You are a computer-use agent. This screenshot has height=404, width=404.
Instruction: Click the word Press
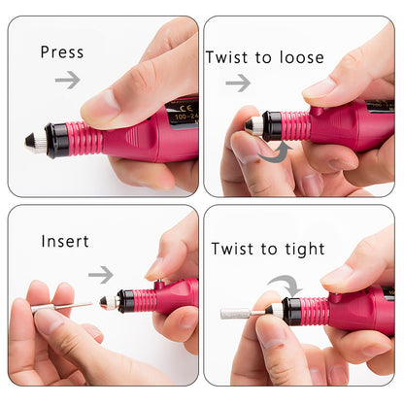pyautogui.click(x=62, y=51)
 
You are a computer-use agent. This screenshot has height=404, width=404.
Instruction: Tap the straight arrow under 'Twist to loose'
pyautogui.click(x=237, y=84)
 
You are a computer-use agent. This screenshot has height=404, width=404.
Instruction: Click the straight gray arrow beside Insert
pyautogui.click(x=101, y=275)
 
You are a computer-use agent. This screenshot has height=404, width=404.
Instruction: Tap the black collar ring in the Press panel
pyautogui.click(x=57, y=141)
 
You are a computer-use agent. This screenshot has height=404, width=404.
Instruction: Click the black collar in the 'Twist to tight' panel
pyautogui.click(x=291, y=311)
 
